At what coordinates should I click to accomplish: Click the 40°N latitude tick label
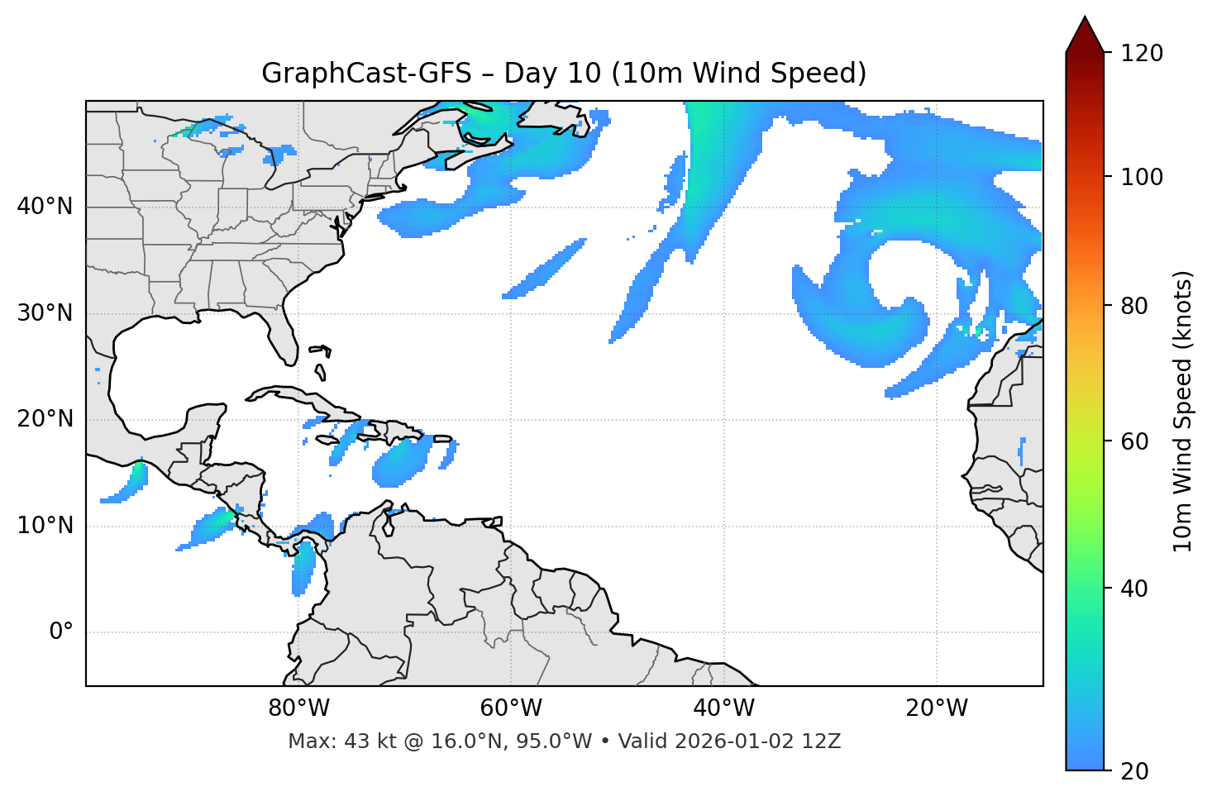45,207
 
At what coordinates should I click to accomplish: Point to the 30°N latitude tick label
45,313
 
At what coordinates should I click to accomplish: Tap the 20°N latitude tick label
45,419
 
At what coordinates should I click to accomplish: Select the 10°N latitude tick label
45,526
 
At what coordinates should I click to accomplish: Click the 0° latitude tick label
61,632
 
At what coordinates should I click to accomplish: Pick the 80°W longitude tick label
299,708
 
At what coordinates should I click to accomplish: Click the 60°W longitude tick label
511,708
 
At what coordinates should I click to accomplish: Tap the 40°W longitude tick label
724,708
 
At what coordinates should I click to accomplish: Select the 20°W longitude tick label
937,708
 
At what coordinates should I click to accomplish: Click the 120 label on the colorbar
1141,54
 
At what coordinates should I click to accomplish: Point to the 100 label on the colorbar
1141,177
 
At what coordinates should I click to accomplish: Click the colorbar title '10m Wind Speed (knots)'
1183,411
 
